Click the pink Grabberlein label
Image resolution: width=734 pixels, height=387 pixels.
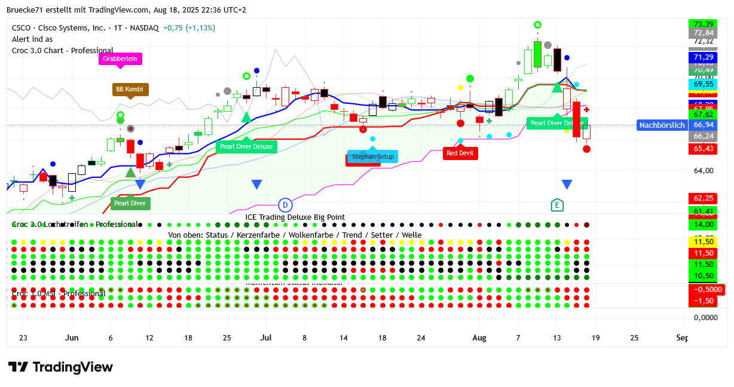tap(120, 59)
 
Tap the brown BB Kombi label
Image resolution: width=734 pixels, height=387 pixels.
tap(130, 90)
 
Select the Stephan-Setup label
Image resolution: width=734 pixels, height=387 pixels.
tap(372, 157)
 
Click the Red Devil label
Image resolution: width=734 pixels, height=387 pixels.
tap(459, 153)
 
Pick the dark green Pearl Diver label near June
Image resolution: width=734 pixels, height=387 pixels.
tap(130, 203)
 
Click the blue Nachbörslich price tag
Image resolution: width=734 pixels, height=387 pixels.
tap(662, 125)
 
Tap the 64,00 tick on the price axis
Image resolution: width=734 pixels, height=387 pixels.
tap(704, 171)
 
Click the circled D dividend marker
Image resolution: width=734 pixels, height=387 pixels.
tap(286, 205)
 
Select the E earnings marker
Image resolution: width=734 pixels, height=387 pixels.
tap(557, 205)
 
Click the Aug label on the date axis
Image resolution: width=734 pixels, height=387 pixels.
tap(479, 338)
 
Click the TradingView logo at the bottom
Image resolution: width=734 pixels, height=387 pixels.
tap(60, 367)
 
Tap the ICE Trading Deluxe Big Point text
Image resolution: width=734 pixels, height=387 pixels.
tap(295, 217)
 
